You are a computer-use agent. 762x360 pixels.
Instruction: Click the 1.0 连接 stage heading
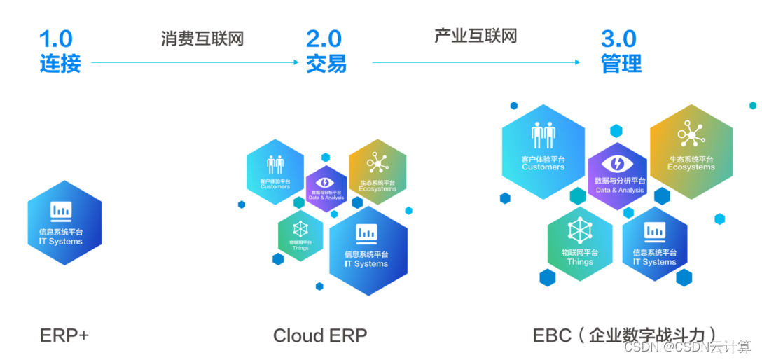pos(60,51)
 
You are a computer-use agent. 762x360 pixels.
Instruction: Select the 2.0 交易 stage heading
pos(326,51)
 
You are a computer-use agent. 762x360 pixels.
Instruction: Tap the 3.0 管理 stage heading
pos(621,51)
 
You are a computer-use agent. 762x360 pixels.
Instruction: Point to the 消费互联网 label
pos(202,38)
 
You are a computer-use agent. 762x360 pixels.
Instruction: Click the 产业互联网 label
pos(475,35)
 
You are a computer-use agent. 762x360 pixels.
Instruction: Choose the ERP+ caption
pos(64,335)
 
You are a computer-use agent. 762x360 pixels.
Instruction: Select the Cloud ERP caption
pos(319,335)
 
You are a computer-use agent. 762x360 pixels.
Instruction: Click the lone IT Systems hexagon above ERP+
pos(64,222)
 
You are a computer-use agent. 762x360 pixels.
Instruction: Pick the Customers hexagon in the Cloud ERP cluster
pos(275,172)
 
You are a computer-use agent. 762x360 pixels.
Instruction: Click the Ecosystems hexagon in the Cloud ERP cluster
pos(377,172)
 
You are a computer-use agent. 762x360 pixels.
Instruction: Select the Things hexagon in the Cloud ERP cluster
pos(300,235)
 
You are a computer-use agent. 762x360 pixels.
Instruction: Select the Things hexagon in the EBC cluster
pos(580,242)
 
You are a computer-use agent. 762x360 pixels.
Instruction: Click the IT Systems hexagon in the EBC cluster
pos(655,242)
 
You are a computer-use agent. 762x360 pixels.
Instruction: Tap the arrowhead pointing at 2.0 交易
pos(296,62)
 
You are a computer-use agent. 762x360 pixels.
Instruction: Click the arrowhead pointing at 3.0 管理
pos(577,62)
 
